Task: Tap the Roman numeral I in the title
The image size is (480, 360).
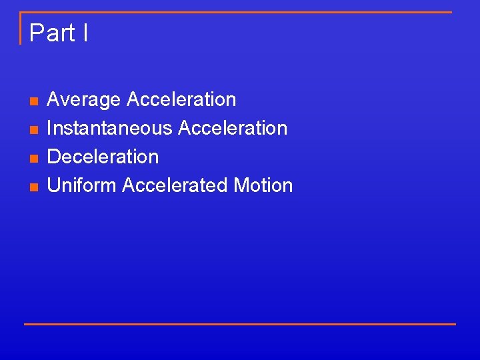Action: (x=85, y=33)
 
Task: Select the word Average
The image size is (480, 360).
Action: (x=84, y=100)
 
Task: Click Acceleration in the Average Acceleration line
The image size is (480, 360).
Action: (x=181, y=100)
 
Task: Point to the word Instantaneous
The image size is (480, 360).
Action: (x=111, y=128)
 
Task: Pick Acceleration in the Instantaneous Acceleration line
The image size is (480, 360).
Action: (x=233, y=128)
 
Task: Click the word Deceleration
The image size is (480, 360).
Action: (x=103, y=157)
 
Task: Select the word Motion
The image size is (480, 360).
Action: (x=263, y=185)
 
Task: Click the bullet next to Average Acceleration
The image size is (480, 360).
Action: (x=33, y=101)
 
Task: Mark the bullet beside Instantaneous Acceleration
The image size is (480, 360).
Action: (x=33, y=129)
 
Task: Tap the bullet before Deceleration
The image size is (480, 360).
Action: (x=33, y=158)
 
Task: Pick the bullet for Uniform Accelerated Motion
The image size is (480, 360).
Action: (x=33, y=187)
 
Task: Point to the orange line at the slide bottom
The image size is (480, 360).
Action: (x=240, y=324)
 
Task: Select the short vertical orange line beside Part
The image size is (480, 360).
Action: (x=21, y=28)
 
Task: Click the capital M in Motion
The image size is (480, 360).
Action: (x=241, y=185)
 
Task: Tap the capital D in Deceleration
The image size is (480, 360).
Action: (x=54, y=157)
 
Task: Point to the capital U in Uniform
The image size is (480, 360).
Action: (x=54, y=185)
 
